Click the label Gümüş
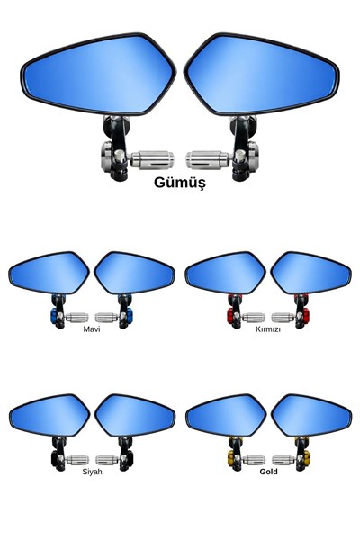pyautogui.click(x=180, y=183)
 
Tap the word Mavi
pyautogui.click(x=92, y=329)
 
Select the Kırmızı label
pyautogui.click(x=268, y=329)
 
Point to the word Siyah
pyautogui.click(x=92, y=472)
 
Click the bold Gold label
pyautogui.click(x=268, y=472)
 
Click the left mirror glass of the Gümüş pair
pyautogui.click(x=98, y=75)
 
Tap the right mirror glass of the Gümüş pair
pyautogui.click(x=262, y=75)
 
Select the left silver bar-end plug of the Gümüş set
pyautogui.click(x=152, y=160)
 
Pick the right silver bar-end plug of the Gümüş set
pyautogui.click(x=208, y=160)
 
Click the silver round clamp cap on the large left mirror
pyautogui.click(x=106, y=156)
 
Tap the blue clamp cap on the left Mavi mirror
pyautogui.click(x=54, y=316)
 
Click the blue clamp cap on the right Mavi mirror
pyautogui.click(x=130, y=316)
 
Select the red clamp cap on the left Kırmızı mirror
pyautogui.click(x=230, y=316)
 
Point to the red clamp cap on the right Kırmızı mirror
pyautogui.click(x=306, y=316)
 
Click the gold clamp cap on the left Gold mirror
pyautogui.click(x=230, y=458)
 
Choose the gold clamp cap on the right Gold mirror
pyautogui.click(x=306, y=458)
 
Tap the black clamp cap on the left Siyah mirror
pyautogui.click(x=54, y=458)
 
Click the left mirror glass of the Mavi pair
pyautogui.click(x=49, y=273)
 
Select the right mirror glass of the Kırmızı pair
pyautogui.click(x=311, y=273)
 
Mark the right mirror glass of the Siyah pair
pyautogui.click(x=135, y=416)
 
